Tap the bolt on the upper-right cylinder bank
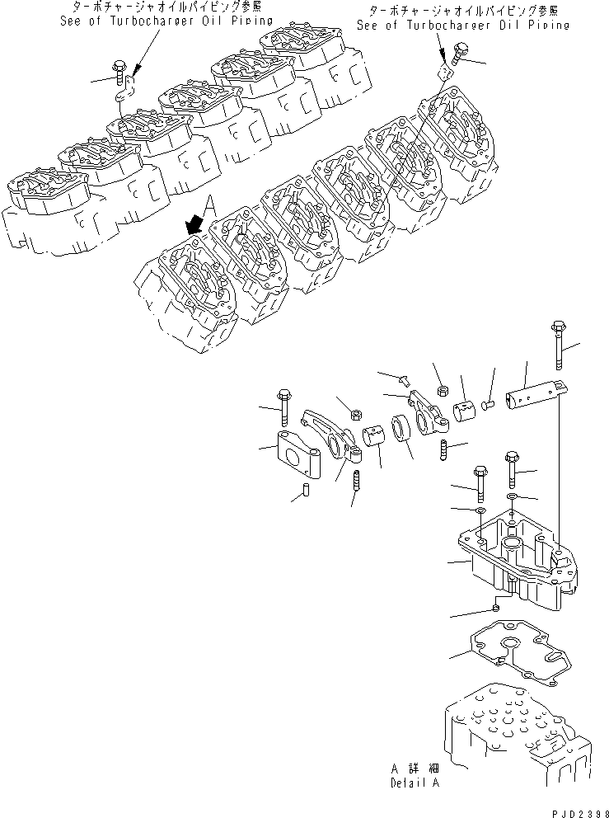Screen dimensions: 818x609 pos(452,54)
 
